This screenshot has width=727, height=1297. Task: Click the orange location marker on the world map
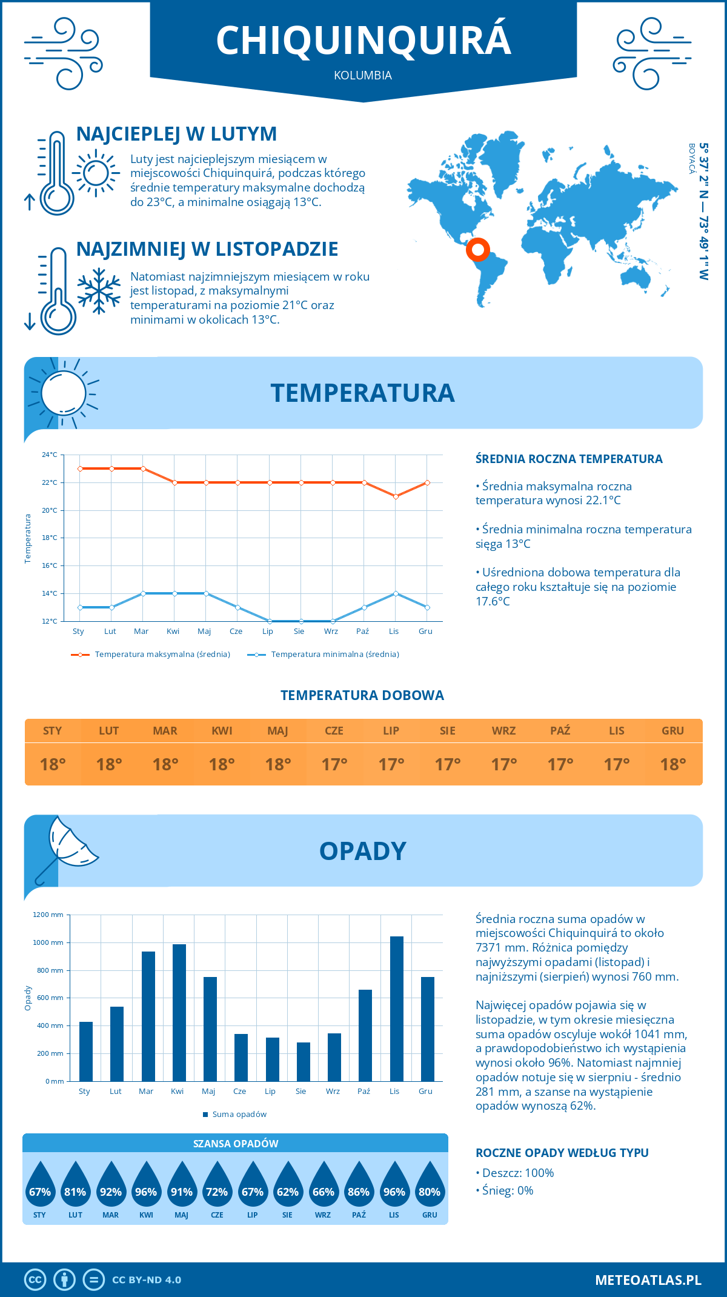click(x=477, y=249)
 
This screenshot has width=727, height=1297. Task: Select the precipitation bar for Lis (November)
click(x=397, y=1009)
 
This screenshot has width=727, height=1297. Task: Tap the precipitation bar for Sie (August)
click(x=304, y=1061)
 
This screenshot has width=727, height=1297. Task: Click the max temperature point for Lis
click(x=396, y=496)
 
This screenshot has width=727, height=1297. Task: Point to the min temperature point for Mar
click(x=143, y=593)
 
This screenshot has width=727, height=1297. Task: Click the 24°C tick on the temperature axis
click(x=50, y=455)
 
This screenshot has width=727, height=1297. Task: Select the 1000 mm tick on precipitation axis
click(x=48, y=942)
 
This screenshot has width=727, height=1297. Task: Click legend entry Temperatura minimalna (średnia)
click(x=334, y=655)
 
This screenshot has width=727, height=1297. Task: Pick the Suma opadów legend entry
click(x=239, y=1114)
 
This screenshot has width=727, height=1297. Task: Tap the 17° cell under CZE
click(x=334, y=764)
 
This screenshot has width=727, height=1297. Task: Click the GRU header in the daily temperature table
click(x=672, y=731)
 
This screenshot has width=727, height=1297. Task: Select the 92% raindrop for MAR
click(x=111, y=1186)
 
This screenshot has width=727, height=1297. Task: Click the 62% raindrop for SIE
click(x=288, y=1186)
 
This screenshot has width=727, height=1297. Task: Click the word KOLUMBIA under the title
click(x=363, y=76)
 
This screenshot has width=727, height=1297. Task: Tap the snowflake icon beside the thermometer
click(x=99, y=291)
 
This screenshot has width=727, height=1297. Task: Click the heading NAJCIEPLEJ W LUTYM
click(x=176, y=134)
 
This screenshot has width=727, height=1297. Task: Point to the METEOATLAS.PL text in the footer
click(x=648, y=1279)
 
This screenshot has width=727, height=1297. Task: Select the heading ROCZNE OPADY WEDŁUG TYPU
click(x=562, y=1153)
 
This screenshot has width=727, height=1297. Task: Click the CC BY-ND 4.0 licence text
click(x=147, y=1280)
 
